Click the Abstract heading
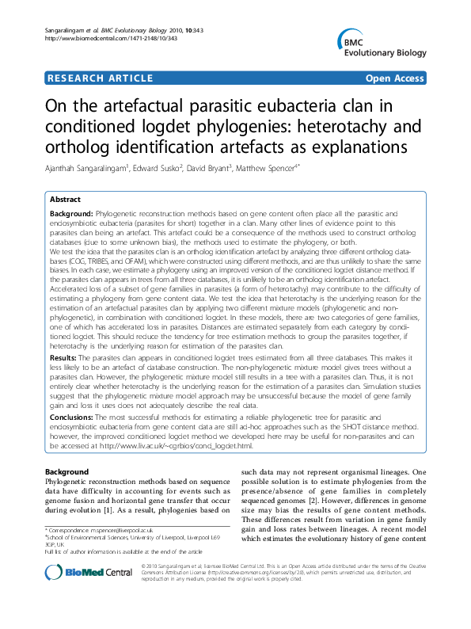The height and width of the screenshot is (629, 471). [x=66, y=201]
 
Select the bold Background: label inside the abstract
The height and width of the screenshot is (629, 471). [x=72, y=214]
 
